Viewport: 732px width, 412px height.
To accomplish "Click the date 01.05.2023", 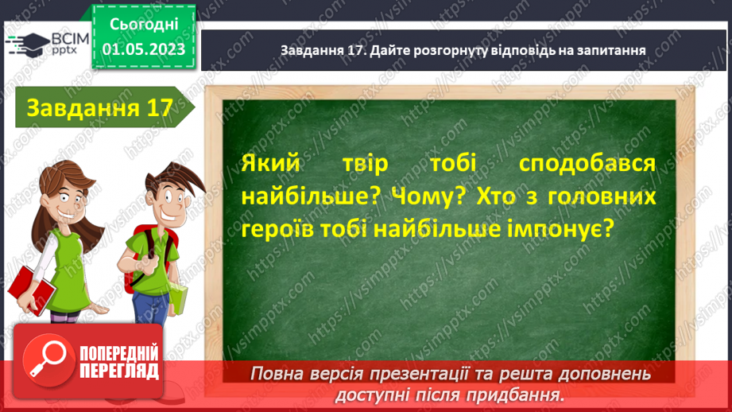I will point(143,49).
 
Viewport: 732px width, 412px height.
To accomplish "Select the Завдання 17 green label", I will point(99,108).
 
